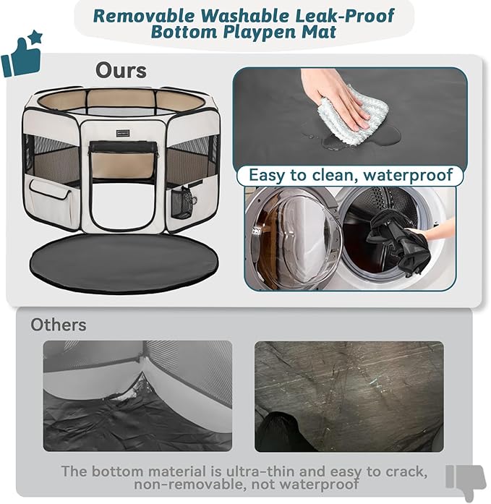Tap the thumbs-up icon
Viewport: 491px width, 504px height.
coord(20,58)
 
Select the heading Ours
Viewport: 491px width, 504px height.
coord(121,70)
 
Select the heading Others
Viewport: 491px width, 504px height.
coord(58,325)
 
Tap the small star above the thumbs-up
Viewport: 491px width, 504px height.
coord(36,37)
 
